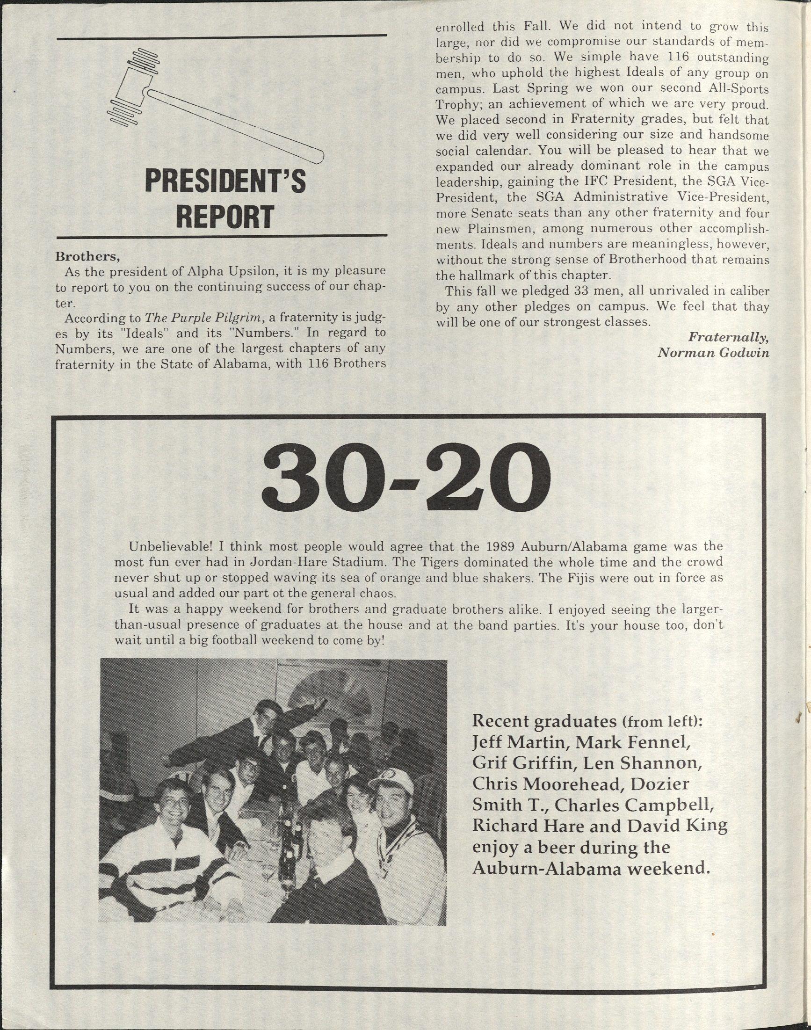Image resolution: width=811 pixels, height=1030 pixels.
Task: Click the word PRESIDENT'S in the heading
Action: click(x=224, y=182)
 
